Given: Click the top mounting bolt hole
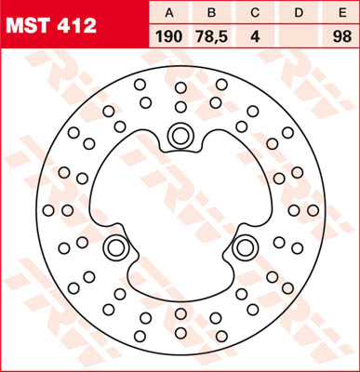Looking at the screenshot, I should click(180, 137).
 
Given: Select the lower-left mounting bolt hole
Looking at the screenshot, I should click(116, 247).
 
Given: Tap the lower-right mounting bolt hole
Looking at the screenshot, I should click(245, 247).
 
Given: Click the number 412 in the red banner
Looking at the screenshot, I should click(76, 26).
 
